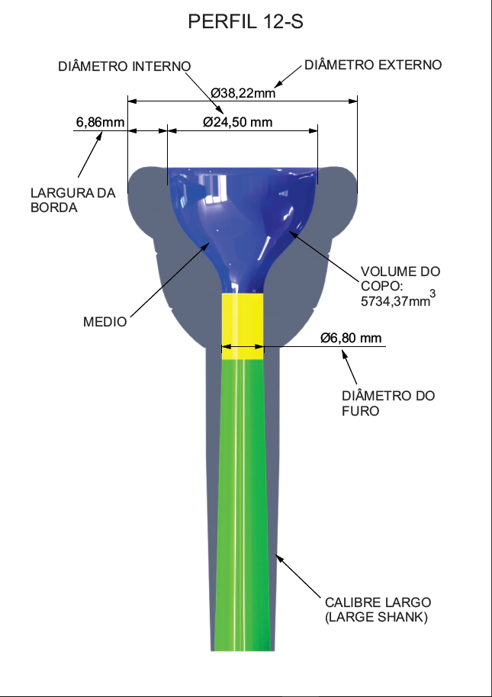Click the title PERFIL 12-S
tap(245, 22)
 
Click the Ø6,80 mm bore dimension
tap(351, 338)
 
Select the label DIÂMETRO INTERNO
tap(124, 66)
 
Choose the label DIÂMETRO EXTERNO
tap(373, 65)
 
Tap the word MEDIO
tap(105, 322)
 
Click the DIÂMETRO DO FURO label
tap(388, 403)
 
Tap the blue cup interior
tap(242, 214)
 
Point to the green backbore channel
tap(241, 503)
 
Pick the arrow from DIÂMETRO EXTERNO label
tap(289, 75)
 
